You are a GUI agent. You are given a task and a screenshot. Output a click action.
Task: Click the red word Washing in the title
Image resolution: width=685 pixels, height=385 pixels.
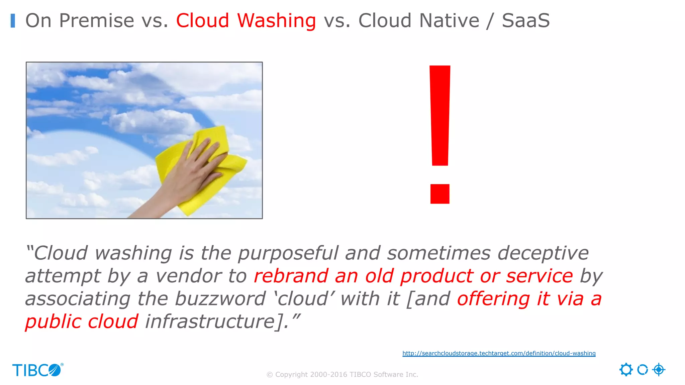click(276, 21)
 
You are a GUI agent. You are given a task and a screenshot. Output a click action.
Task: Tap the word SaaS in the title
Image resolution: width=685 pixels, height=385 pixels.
click(525, 21)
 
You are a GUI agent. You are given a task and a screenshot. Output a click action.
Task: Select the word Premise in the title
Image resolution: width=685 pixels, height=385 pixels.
click(97, 21)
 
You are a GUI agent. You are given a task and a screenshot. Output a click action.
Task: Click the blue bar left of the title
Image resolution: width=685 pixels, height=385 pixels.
click(13, 21)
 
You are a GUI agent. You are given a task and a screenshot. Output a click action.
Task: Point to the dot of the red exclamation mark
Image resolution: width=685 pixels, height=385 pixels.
click(440, 194)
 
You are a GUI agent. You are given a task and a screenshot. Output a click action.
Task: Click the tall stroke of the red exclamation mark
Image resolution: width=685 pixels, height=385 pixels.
click(440, 115)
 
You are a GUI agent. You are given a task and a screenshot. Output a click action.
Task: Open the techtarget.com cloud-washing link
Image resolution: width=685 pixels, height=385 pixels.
click(499, 353)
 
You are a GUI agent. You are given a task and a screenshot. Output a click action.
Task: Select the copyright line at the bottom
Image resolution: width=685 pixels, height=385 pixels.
click(342, 375)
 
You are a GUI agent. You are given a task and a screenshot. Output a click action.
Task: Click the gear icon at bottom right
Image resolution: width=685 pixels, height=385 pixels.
click(626, 370)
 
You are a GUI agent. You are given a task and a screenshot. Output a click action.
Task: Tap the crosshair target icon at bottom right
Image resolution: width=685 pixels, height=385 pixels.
click(659, 370)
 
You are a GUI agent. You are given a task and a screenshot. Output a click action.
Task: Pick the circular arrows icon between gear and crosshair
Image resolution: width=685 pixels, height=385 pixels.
click(642, 370)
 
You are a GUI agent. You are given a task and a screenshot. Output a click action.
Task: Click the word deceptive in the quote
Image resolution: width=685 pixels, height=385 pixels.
click(543, 253)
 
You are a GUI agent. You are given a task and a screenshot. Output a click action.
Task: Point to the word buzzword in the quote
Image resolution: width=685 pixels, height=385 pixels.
click(220, 299)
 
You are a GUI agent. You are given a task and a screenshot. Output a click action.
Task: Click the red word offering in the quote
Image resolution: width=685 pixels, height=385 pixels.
click(493, 299)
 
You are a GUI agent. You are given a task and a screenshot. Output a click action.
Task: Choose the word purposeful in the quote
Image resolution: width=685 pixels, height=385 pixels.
click(288, 253)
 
